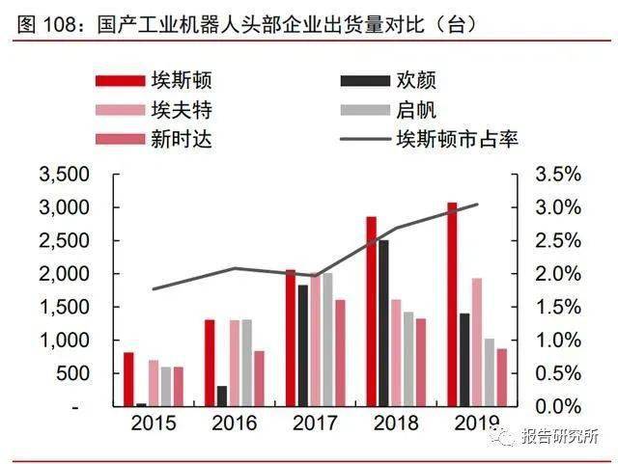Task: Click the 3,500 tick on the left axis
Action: pyautogui.click(x=64, y=175)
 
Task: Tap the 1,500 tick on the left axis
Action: pyautogui.click(x=64, y=308)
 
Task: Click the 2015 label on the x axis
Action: pyautogui.click(x=154, y=423)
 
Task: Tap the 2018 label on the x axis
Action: pyautogui.click(x=397, y=423)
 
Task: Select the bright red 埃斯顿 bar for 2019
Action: pyautogui.click(x=452, y=304)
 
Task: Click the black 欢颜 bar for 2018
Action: pyautogui.click(x=383, y=323)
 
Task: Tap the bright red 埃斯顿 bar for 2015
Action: pyautogui.click(x=128, y=379)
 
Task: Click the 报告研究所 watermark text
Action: pyautogui.click(x=558, y=436)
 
